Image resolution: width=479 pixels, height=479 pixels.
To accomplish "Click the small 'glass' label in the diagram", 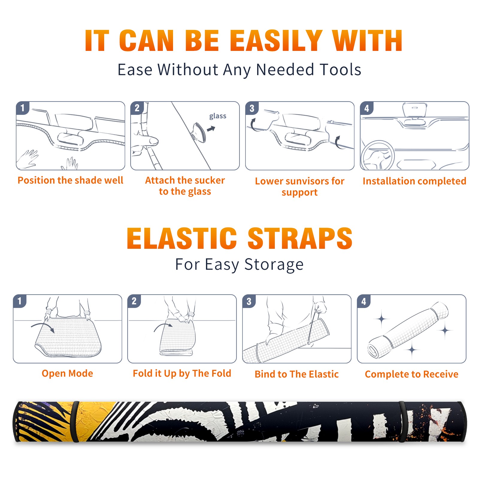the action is pyautogui.click(x=218, y=116).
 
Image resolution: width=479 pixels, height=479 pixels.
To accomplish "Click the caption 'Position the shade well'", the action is pyautogui.click(x=70, y=180).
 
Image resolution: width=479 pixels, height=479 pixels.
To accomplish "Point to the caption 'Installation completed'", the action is pyautogui.click(x=414, y=181).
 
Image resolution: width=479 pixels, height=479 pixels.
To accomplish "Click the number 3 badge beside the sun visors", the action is pyautogui.click(x=252, y=108).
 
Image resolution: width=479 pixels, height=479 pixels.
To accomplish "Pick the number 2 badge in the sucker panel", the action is pyautogui.click(x=137, y=108).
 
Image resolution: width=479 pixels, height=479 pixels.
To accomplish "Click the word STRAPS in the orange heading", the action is pyautogui.click(x=300, y=238).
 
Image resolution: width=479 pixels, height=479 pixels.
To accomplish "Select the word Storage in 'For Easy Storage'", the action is pyautogui.click(x=274, y=265).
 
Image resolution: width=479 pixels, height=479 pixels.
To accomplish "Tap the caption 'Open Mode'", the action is pyautogui.click(x=67, y=373).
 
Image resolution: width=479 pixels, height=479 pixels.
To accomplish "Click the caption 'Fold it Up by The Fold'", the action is pyautogui.click(x=182, y=373).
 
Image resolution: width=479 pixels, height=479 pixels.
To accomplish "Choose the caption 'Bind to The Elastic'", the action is pyautogui.click(x=297, y=374).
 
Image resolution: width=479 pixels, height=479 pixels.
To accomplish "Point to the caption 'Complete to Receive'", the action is pyautogui.click(x=412, y=374).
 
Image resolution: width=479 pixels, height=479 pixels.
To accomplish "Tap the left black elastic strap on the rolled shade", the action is pyautogui.click(x=75, y=422).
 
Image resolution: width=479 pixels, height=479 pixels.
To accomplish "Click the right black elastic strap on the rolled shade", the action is pyautogui.click(x=402, y=422).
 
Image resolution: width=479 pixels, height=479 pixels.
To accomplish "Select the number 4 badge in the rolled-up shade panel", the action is pyautogui.click(x=364, y=301).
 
